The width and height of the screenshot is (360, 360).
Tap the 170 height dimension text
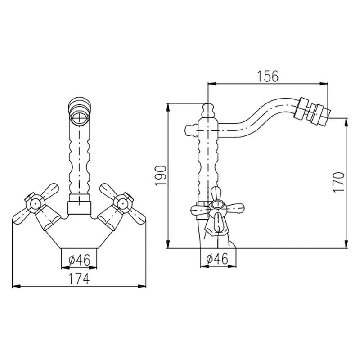click(x=340, y=182)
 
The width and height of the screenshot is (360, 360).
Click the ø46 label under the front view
click(x=79, y=260)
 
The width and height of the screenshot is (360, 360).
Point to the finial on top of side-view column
click(x=207, y=109)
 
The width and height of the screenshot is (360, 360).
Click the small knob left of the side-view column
click(x=189, y=130)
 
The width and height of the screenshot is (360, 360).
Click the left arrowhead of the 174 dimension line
click(x=14, y=285)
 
